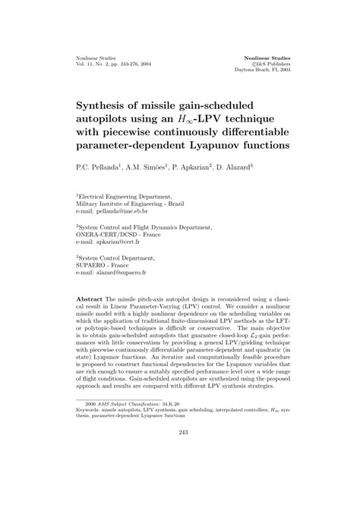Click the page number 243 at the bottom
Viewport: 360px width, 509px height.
tap(180, 476)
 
